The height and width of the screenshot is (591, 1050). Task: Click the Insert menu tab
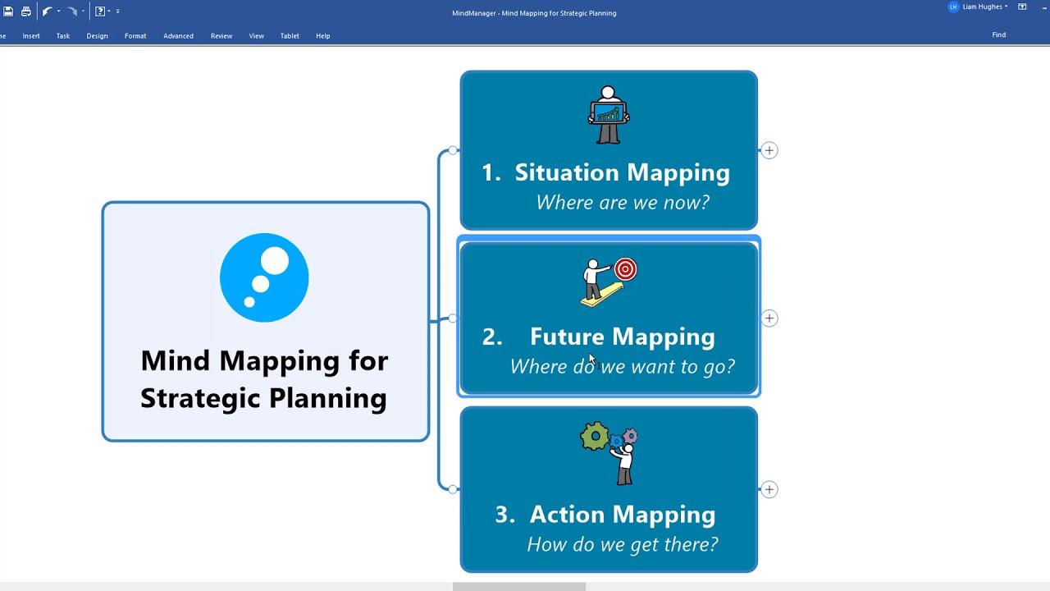pyautogui.click(x=31, y=36)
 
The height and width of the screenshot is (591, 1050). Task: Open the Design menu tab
pyautogui.click(x=97, y=36)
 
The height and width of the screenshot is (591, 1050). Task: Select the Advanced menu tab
pyautogui.click(x=178, y=36)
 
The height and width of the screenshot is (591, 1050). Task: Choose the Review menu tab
pyautogui.click(x=221, y=36)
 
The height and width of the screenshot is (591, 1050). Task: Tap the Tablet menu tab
pyautogui.click(x=290, y=36)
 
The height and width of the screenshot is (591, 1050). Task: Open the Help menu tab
pyautogui.click(x=323, y=36)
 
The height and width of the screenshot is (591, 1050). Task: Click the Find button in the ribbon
pyautogui.click(x=998, y=35)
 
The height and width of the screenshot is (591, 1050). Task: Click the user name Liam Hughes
pyautogui.click(x=982, y=7)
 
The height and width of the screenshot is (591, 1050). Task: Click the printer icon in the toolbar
pyautogui.click(x=26, y=11)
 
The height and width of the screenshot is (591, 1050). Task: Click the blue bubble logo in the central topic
pyautogui.click(x=264, y=277)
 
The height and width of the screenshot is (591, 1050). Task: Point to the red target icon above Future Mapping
pyautogui.click(x=625, y=269)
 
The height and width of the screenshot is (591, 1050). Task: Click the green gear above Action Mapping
pyautogui.click(x=594, y=436)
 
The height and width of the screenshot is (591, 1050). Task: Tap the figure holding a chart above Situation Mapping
pyautogui.click(x=608, y=115)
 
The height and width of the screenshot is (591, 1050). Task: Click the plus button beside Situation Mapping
pyautogui.click(x=769, y=150)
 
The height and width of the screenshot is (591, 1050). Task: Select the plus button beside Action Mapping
pyautogui.click(x=769, y=489)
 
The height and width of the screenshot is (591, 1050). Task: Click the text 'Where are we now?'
pyautogui.click(x=622, y=203)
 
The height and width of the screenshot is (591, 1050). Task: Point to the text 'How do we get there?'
pyautogui.click(x=622, y=544)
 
